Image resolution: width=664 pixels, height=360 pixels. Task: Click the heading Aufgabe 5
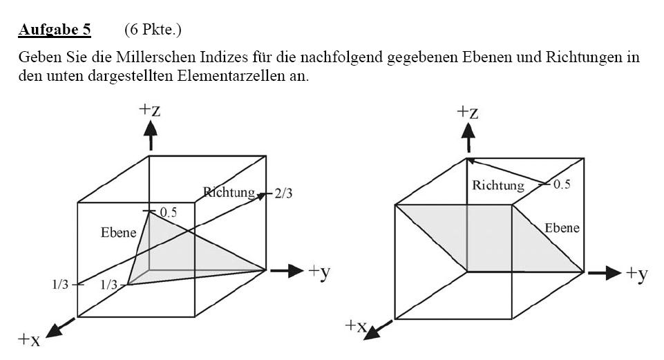(x=55, y=30)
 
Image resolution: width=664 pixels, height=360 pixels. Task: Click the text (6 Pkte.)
(x=153, y=30)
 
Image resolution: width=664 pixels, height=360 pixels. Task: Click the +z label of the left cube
(x=150, y=110)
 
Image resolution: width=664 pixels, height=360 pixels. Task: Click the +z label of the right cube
(x=468, y=112)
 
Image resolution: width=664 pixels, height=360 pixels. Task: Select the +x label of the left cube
(x=29, y=339)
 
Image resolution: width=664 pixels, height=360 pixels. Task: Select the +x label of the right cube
(x=356, y=325)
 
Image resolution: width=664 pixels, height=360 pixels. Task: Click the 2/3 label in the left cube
(x=283, y=193)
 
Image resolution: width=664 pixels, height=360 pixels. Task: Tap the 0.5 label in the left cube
(x=168, y=212)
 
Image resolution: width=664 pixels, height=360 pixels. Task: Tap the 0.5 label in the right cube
(x=562, y=184)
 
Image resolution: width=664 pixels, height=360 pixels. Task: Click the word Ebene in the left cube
(x=119, y=233)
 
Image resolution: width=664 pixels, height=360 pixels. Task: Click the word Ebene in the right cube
(x=562, y=228)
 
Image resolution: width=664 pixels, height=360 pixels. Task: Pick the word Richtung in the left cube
(x=229, y=193)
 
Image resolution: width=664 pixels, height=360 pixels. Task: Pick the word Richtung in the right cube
(x=498, y=185)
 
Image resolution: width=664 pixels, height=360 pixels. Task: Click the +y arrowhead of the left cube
(x=296, y=271)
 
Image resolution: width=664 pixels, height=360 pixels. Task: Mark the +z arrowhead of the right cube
(x=468, y=131)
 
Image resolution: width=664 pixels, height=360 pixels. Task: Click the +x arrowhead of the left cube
(x=54, y=331)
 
